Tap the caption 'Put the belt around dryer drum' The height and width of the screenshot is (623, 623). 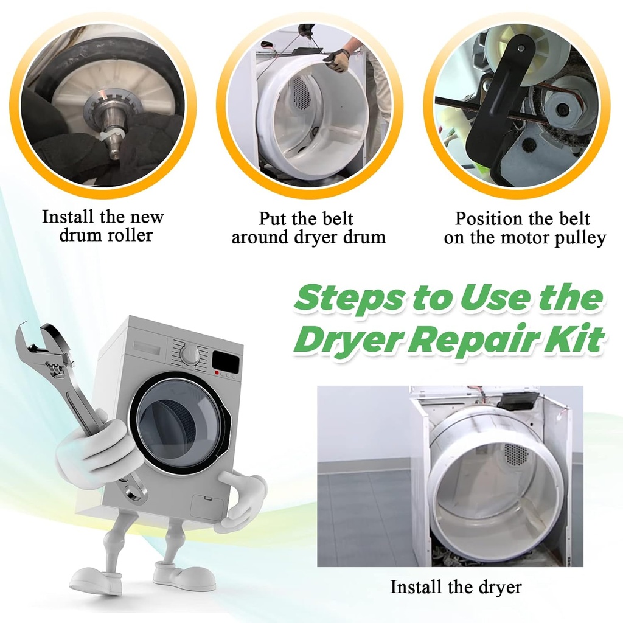coord(308,227)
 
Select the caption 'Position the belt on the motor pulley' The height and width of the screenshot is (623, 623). coord(524,228)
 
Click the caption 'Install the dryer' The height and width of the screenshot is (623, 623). coord(456,587)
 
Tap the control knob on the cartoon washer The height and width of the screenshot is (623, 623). coord(190,355)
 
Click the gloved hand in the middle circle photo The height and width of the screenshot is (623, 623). coord(336,59)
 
